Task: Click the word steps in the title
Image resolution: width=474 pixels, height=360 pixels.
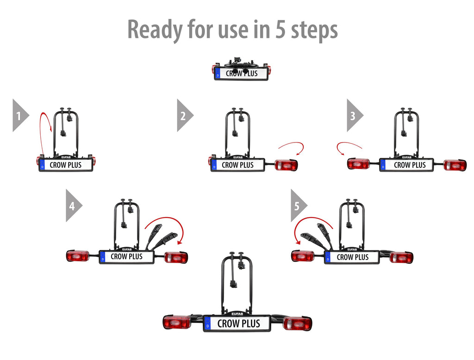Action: pos(314,30)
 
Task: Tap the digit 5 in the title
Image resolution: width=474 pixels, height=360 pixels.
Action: pos(280,30)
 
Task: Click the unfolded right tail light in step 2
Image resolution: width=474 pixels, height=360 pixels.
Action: pos(286,165)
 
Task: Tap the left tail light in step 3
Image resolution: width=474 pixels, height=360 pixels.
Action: pos(359,164)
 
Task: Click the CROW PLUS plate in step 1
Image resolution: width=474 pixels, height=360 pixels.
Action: pos(66,165)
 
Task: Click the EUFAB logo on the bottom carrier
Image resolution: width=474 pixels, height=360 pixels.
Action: pos(237,314)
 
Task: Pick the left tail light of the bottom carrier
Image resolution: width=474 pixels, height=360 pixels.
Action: pos(177,322)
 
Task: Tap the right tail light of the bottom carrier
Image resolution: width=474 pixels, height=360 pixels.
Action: pos(298,323)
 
